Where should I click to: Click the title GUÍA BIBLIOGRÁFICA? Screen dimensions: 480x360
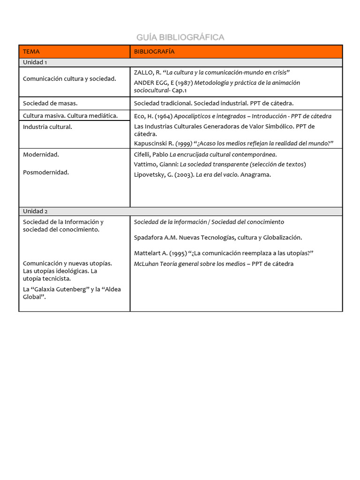pos(180,37)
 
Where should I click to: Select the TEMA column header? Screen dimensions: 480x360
pos(31,52)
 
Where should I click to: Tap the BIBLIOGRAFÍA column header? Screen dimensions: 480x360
pos(154,52)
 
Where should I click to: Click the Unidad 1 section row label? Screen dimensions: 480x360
pos(35,62)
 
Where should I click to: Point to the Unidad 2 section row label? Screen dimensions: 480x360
pos(35,211)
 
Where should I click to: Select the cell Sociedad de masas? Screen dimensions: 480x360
pos(50,103)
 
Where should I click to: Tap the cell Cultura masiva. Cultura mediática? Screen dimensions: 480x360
pos(70,115)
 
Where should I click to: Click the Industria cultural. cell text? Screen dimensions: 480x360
pos(48,127)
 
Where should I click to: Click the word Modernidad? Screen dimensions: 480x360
pos(41,154)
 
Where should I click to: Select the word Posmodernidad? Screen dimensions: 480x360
pos(46,172)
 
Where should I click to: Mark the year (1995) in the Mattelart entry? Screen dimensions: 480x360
pos(176,254)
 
